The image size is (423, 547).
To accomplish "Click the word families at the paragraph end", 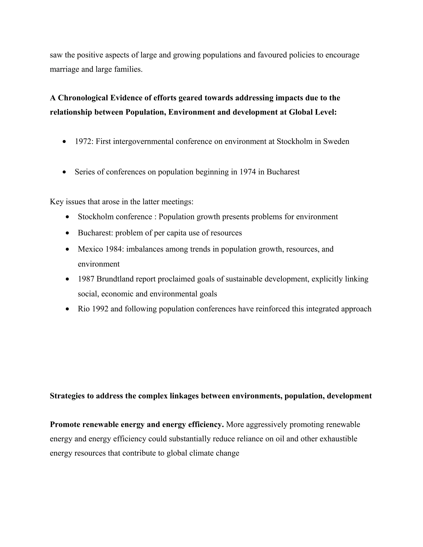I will click(x=128, y=69).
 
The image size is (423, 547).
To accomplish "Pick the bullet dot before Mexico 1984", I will click(x=67, y=250).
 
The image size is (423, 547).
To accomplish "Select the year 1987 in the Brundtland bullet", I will click(x=86, y=279).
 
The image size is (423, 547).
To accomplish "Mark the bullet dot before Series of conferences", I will click(x=65, y=172).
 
